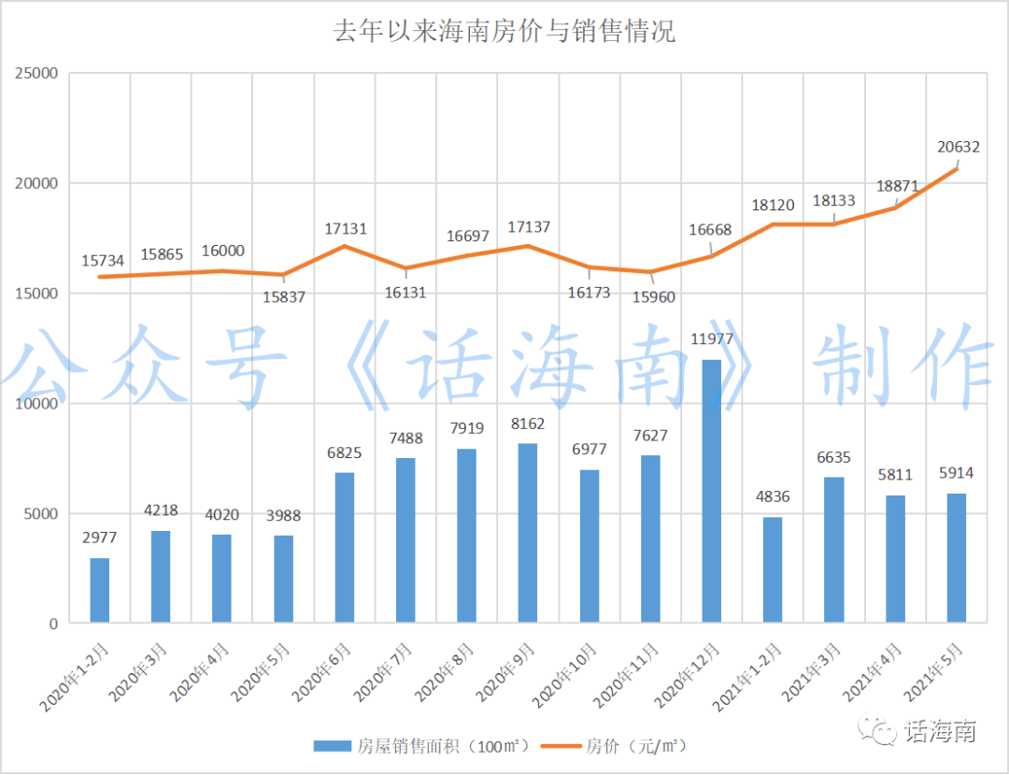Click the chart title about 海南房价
504,33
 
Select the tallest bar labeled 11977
712,491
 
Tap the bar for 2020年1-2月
99,590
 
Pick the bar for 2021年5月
956,558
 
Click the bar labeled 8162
528,533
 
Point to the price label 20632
958,146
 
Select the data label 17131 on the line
345,228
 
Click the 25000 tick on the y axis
38,73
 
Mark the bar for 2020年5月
283,579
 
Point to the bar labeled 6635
833,550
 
